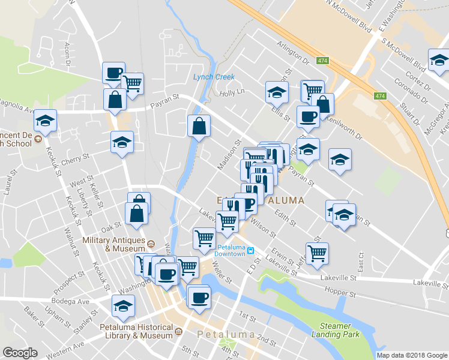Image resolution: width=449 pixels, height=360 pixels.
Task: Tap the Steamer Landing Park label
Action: click(331, 329)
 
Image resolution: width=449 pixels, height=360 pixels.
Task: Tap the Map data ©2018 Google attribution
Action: click(411, 355)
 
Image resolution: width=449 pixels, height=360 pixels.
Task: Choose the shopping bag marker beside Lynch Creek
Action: click(199, 126)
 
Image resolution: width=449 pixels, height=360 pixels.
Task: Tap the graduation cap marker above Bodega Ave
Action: click(123, 306)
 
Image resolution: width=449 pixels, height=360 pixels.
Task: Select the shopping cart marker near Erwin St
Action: click(316, 253)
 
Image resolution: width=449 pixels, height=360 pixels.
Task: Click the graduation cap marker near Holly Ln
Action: click(276, 92)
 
